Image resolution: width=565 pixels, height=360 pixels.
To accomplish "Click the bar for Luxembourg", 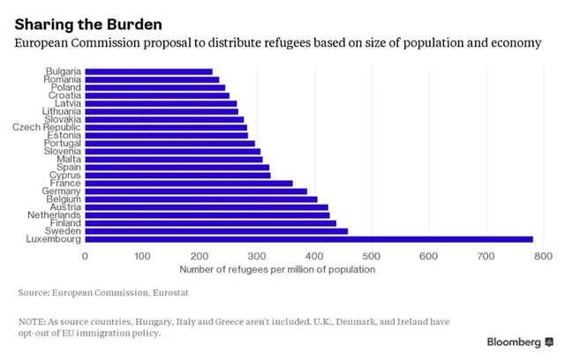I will [309, 239].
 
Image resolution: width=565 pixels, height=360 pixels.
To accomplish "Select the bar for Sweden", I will [216, 231].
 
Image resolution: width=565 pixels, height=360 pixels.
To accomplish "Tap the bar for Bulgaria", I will [148, 71].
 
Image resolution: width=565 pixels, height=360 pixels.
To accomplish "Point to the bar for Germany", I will [196, 191].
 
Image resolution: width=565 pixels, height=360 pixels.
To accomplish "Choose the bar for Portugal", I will [169, 143].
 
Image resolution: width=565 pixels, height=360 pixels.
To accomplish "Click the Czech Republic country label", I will [46, 127].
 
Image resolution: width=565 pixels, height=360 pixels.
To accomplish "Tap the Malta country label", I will [68, 159].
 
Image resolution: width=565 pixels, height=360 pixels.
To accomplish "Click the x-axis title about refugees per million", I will [277, 269].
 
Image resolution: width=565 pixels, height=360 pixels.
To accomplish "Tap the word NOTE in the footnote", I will [31, 321].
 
